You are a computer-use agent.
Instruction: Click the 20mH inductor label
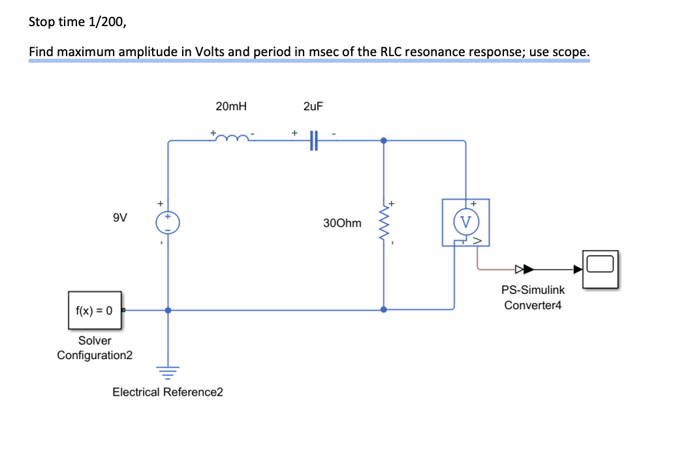[231, 106]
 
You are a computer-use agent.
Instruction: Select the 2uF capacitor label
[313, 106]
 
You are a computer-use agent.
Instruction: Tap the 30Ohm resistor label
[341, 223]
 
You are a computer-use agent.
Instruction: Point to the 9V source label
[120, 218]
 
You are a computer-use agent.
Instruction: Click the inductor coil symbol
[232, 138]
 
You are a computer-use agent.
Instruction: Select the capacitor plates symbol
[313, 140]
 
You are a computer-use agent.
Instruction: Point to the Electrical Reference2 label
[168, 392]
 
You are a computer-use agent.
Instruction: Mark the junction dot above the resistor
[383, 140]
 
